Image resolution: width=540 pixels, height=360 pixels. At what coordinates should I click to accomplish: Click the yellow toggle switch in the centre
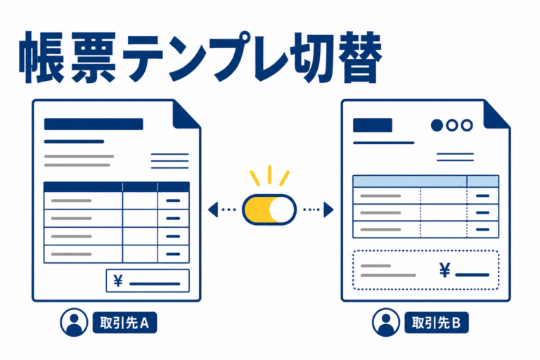click(269, 210)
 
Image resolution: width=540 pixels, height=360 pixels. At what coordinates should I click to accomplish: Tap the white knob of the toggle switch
click(282, 210)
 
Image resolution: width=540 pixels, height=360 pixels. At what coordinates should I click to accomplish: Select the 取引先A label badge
click(124, 323)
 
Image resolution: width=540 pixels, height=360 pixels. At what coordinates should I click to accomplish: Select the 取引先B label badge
click(437, 323)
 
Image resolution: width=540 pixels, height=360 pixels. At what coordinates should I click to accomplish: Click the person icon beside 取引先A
click(74, 323)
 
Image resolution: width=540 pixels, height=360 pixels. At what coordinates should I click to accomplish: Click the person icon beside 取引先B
click(386, 323)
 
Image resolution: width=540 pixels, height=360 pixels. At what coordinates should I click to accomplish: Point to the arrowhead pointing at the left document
click(214, 210)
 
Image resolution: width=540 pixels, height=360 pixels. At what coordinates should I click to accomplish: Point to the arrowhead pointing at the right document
click(328, 210)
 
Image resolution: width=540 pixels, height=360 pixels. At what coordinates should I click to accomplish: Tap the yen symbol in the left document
click(118, 281)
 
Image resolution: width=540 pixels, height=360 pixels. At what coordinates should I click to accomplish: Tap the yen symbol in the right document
click(445, 270)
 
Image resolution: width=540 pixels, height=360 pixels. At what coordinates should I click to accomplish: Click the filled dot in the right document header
click(437, 125)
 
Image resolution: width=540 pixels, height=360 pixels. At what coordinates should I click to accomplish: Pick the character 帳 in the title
click(42, 57)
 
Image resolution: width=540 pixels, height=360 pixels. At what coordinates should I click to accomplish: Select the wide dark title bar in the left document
click(94, 124)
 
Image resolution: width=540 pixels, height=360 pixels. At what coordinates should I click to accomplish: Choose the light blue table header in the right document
click(426, 181)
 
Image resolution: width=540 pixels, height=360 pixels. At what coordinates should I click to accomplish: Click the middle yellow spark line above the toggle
click(270, 175)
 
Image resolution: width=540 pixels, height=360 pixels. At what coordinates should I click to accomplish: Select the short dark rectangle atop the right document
click(373, 125)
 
